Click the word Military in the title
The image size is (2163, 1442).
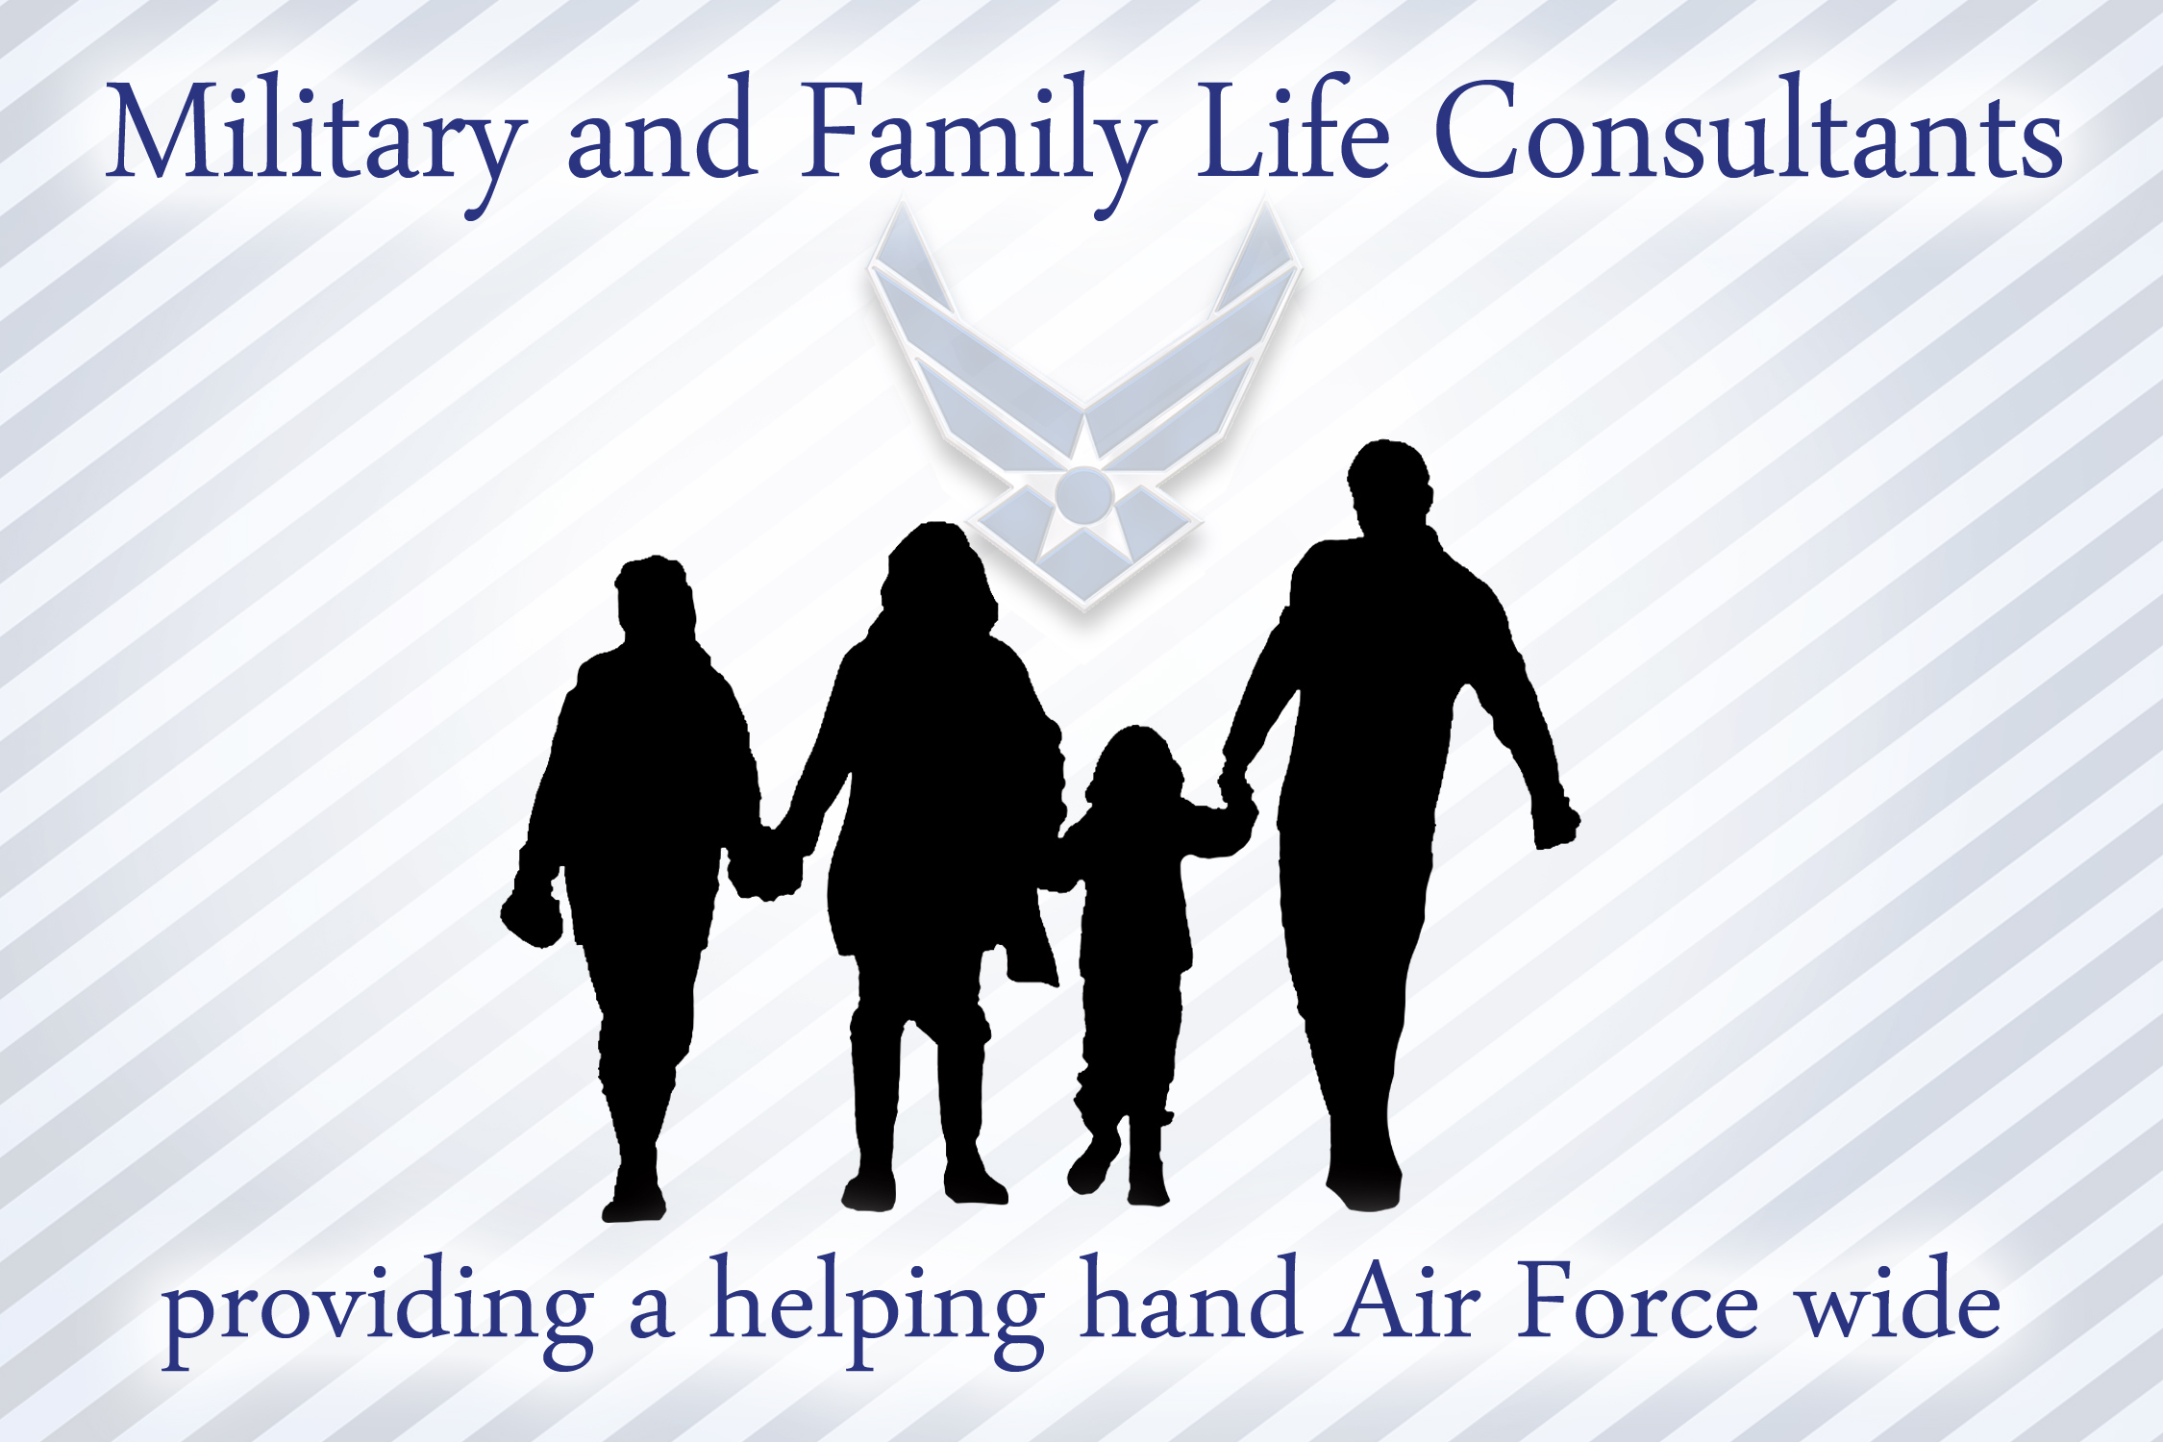(x=317, y=135)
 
